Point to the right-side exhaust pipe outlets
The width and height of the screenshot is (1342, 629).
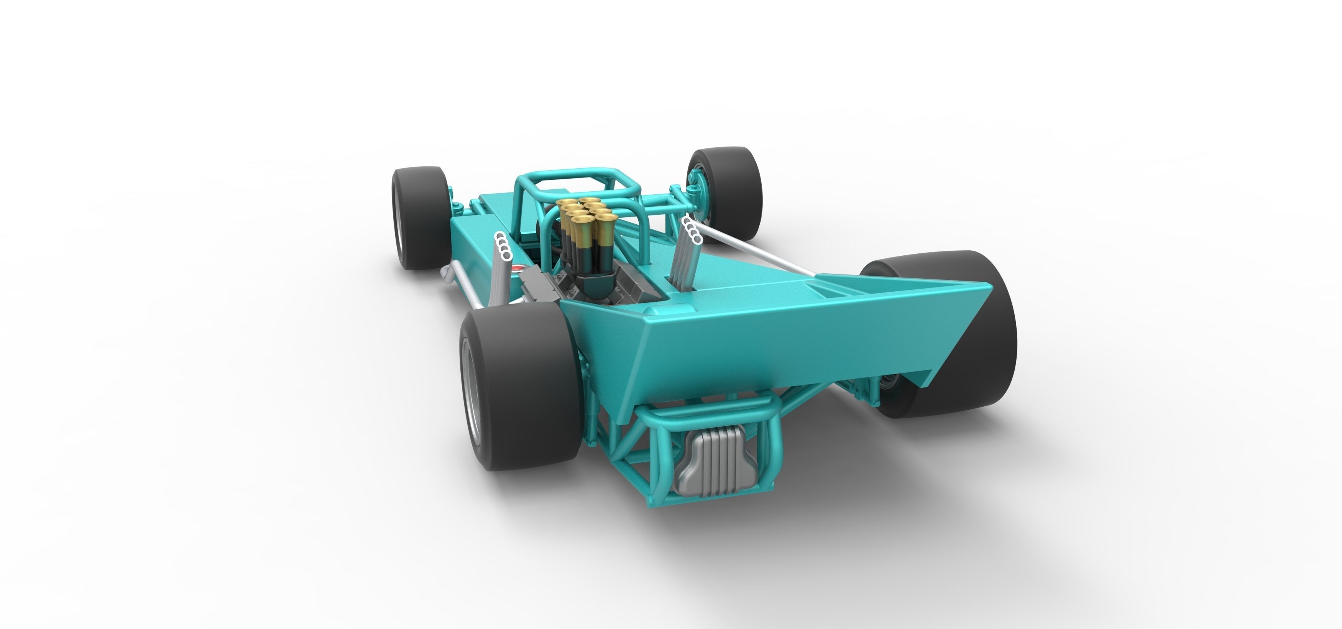692,230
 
